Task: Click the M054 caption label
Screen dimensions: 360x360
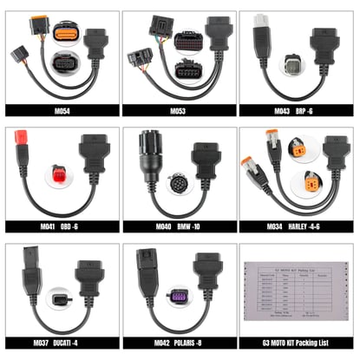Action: tap(61, 109)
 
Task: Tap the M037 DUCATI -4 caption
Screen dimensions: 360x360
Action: tap(61, 343)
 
